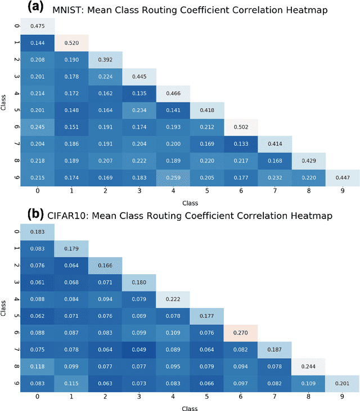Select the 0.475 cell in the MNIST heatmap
38,25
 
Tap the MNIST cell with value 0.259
173,178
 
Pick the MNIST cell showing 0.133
240,144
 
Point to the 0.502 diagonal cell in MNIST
240,127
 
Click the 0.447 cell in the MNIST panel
342,178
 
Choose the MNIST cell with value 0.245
38,127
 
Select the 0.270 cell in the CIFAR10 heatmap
240,333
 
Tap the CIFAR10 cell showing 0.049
139,350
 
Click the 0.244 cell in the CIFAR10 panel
308,367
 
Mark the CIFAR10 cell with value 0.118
38,367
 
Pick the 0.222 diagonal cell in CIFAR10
173,299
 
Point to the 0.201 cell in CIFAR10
342,383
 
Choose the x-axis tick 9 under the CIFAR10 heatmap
342,397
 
